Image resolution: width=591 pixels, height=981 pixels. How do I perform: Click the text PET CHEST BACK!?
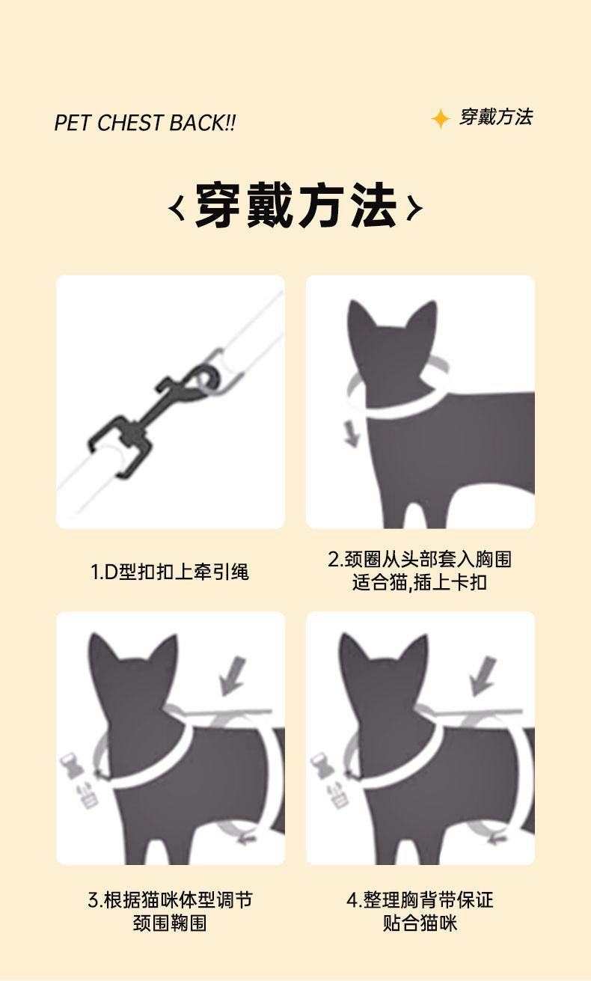[145, 123]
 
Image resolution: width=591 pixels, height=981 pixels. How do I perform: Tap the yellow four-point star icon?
[441, 119]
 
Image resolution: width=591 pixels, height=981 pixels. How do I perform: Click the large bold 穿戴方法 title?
[295, 205]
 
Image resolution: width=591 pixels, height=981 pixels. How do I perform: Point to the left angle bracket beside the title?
[176, 208]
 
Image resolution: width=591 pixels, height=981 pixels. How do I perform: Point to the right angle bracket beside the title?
[415, 208]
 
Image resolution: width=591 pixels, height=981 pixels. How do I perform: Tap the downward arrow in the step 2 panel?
[352, 433]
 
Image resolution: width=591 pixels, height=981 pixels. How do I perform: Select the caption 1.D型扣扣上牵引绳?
[169, 572]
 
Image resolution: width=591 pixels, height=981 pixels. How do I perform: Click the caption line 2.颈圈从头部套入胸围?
[420, 559]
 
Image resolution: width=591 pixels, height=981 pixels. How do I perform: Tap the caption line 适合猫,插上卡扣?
[420, 582]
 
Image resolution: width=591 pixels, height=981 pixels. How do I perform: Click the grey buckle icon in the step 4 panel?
[329, 780]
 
